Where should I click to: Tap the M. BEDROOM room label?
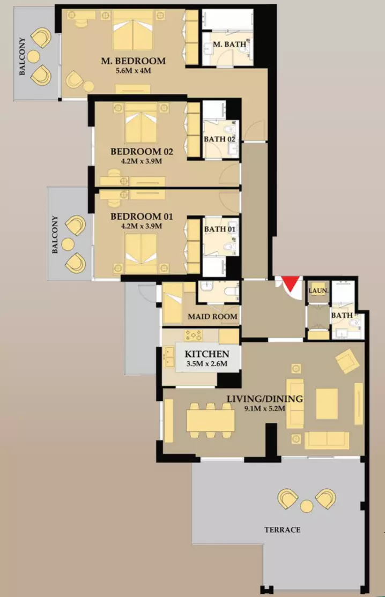[x=134, y=61]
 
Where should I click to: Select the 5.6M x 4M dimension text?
[x=133, y=70]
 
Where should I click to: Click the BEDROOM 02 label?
[x=142, y=152]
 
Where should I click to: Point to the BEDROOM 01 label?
[x=142, y=217]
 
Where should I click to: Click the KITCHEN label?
[x=207, y=354]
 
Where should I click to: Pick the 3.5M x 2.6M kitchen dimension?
[x=207, y=363]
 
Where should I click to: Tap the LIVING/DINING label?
[x=265, y=399]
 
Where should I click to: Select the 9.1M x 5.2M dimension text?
[x=265, y=409]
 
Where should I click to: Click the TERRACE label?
[x=283, y=529]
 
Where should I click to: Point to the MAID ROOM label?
[x=212, y=316]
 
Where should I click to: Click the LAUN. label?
[x=318, y=291]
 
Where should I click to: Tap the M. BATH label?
[x=229, y=44]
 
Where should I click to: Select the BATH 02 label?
[x=220, y=139]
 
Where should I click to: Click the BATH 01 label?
[x=220, y=229]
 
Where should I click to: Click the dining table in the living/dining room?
[x=210, y=420]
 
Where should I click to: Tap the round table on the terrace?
[x=306, y=506]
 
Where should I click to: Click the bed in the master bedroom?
[x=132, y=31]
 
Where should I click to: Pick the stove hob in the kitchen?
[x=193, y=335]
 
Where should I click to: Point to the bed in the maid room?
[x=173, y=303]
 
